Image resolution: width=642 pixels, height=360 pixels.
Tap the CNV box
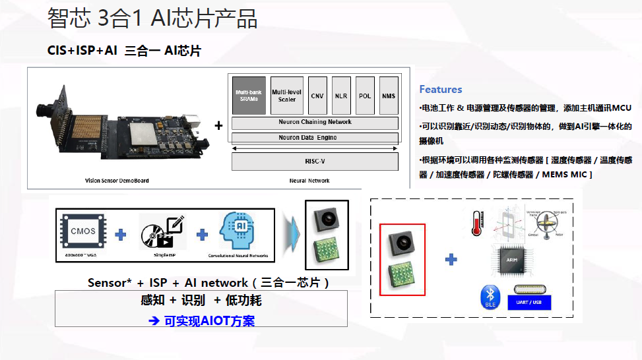click(x=318, y=96)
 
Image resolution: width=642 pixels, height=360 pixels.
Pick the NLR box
click(x=341, y=96)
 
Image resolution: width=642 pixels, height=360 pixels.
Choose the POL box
click(x=365, y=96)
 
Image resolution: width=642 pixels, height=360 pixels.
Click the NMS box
click(x=389, y=96)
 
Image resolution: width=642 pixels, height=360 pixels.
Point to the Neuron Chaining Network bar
click(x=315, y=123)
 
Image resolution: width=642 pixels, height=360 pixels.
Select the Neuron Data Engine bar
click(x=315, y=138)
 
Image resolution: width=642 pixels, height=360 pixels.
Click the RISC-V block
click(x=315, y=162)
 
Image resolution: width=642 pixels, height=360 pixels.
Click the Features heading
click(x=441, y=90)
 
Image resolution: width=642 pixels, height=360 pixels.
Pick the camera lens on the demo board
click(x=47, y=106)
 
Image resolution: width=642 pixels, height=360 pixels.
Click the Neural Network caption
click(x=309, y=181)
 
